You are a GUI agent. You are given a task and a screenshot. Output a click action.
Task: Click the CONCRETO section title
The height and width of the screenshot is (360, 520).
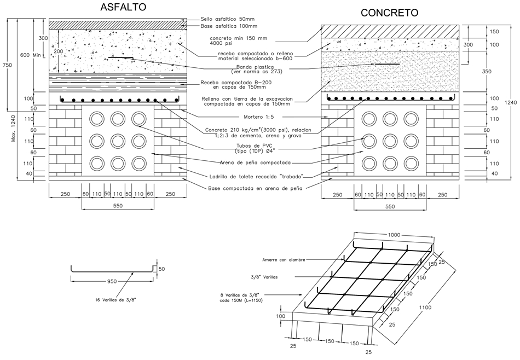click(390, 12)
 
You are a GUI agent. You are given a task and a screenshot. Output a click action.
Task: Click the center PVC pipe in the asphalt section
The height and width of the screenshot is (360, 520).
click(118, 141)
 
